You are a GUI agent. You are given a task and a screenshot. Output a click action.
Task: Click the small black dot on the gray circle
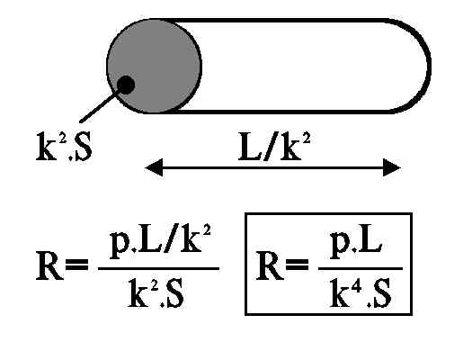click(126, 85)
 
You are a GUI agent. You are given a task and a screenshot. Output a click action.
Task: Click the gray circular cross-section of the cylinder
click(154, 66)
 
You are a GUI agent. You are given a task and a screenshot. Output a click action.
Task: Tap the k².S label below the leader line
click(64, 147)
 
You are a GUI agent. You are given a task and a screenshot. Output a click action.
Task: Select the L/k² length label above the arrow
click(274, 147)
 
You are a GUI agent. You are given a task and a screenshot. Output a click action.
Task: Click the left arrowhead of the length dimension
click(154, 167)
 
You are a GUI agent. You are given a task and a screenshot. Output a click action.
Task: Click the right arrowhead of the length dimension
click(392, 167)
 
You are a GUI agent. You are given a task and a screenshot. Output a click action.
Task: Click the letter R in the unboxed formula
click(49, 266)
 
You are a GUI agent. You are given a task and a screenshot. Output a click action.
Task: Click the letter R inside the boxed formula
click(270, 266)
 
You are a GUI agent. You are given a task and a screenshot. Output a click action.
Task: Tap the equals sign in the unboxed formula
click(77, 265)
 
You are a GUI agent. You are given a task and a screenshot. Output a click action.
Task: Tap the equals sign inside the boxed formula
click(298, 265)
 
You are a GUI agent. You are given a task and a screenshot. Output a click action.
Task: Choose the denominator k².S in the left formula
click(156, 292)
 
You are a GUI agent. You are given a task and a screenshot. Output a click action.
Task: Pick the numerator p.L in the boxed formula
click(356, 245)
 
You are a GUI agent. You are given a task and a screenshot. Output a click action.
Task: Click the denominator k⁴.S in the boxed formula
click(360, 292)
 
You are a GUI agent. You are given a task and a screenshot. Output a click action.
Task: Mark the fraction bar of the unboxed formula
click(158, 268)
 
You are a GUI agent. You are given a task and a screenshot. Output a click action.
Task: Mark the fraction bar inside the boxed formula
click(361, 268)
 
